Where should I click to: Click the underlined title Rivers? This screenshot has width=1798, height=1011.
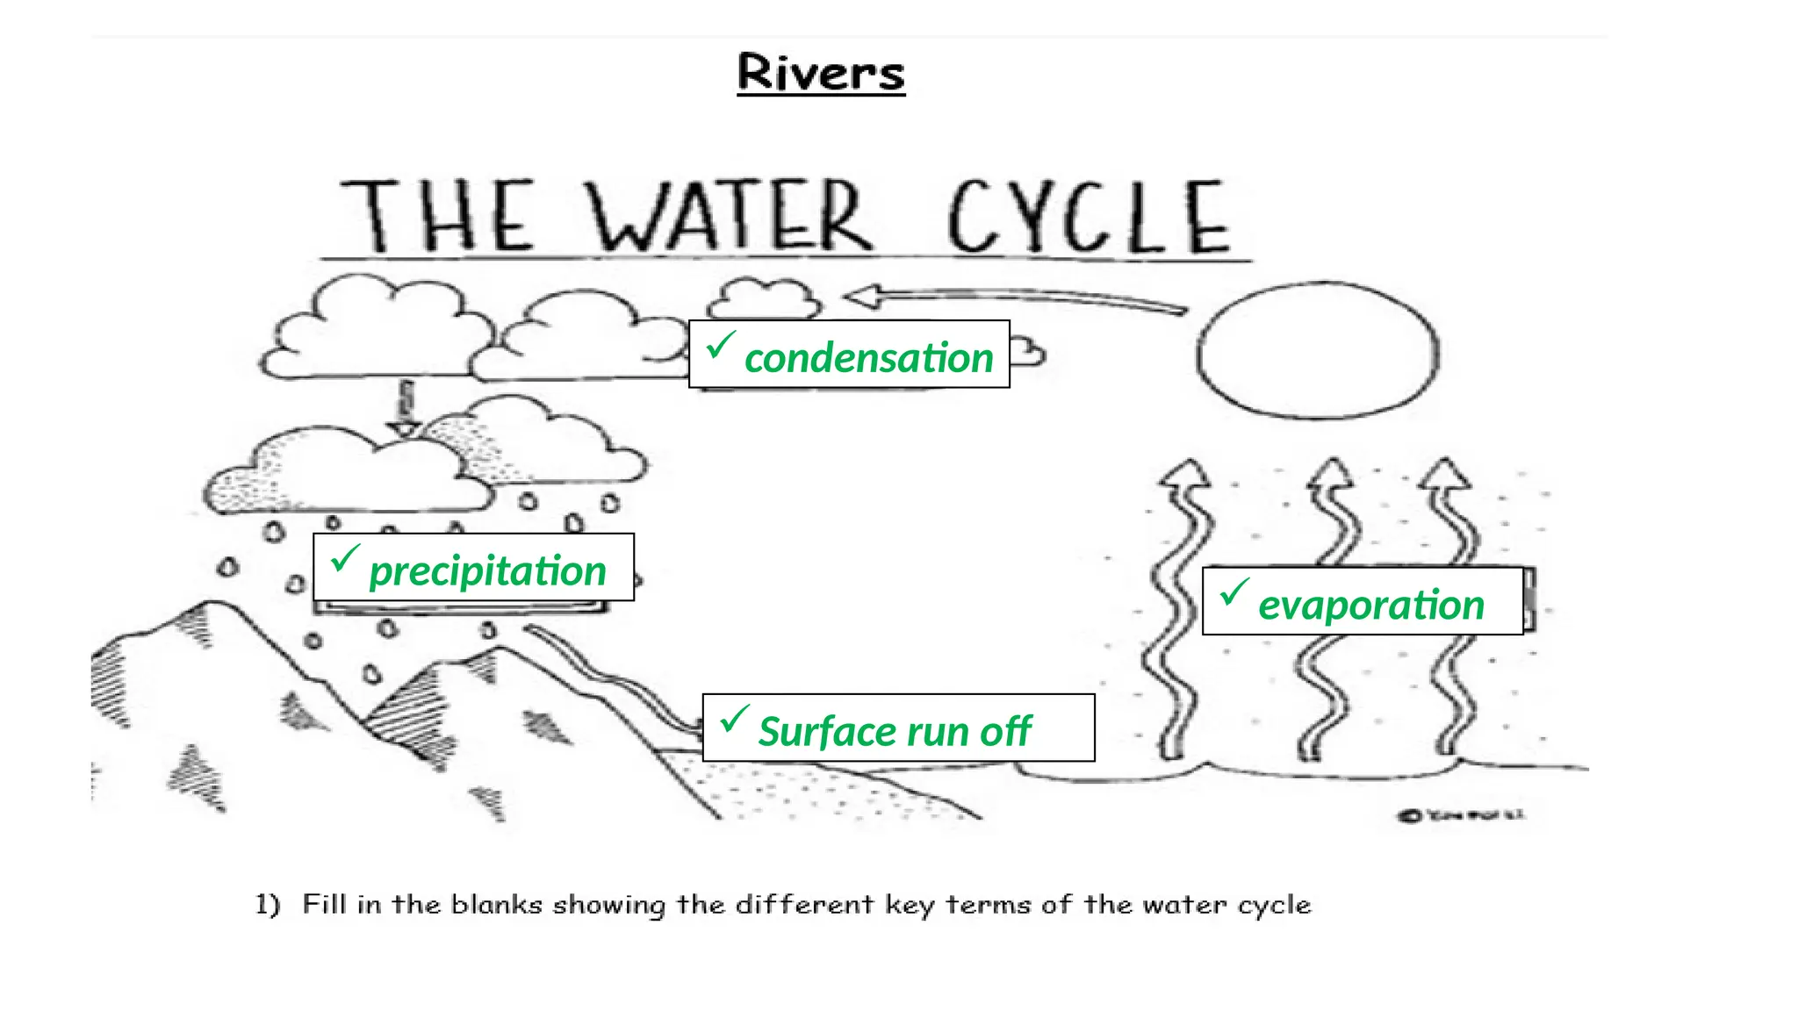click(821, 72)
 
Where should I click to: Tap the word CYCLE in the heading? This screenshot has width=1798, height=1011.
click(1089, 217)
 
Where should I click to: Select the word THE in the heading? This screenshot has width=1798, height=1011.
click(436, 216)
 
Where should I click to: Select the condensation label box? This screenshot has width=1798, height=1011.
click(849, 355)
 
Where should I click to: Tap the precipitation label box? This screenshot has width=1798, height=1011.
click(473, 568)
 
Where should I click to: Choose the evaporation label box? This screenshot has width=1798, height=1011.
click(1362, 601)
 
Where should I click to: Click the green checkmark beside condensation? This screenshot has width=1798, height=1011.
click(719, 344)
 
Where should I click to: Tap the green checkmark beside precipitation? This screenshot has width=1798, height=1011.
click(344, 556)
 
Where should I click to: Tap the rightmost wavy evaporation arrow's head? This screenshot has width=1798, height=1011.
click(1443, 473)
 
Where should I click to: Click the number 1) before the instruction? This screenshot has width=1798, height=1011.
click(268, 904)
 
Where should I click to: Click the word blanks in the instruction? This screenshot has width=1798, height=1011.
click(497, 904)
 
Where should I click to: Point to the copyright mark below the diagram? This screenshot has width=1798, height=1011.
click(1409, 815)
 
